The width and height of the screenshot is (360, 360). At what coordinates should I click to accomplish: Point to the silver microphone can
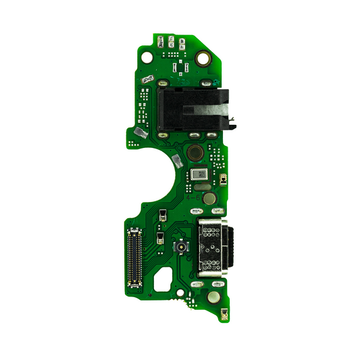[x=200, y=174]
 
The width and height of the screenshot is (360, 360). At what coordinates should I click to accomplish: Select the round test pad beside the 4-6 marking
[x=210, y=199]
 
